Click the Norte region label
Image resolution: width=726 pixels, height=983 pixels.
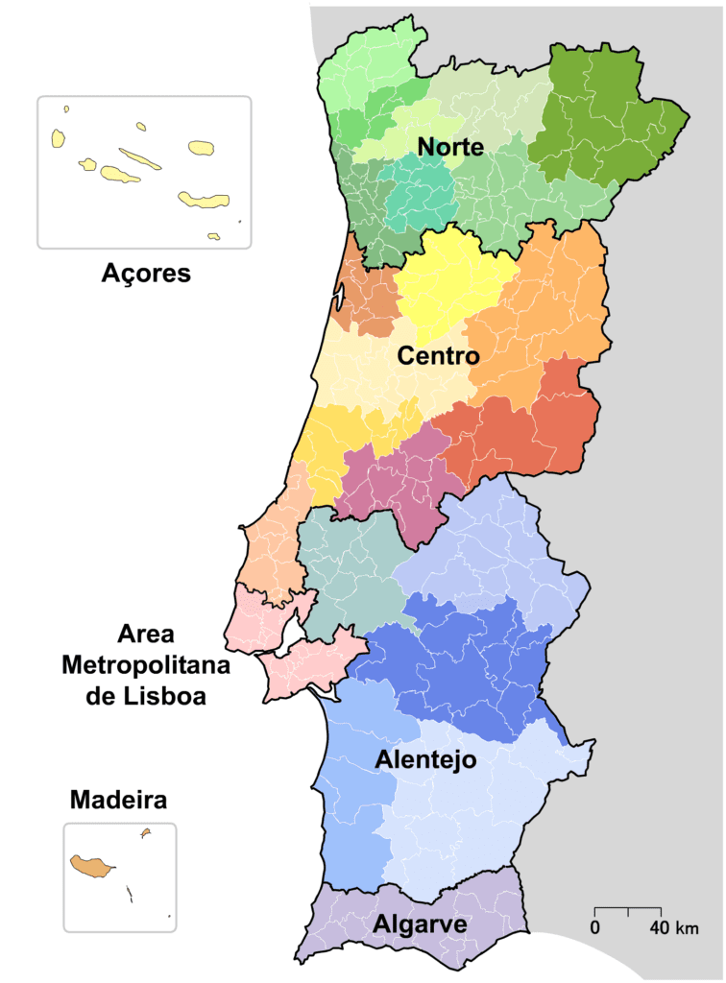coord(449,147)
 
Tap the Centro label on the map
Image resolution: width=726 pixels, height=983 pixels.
coord(438,356)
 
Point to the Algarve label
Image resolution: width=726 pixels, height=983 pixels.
coord(421,924)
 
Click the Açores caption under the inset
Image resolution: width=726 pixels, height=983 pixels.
coord(146,274)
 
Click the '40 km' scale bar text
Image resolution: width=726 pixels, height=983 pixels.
coord(673,928)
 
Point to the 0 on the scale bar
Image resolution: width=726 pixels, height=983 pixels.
coord(595,928)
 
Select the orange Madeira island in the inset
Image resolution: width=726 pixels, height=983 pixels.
coord(90,865)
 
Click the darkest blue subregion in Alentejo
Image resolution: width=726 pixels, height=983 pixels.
coord(461,662)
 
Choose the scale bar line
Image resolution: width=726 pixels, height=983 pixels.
coord(628,908)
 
